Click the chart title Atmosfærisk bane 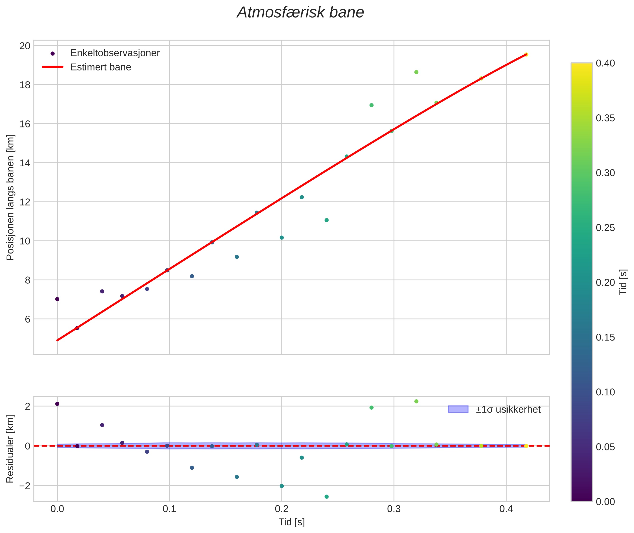[300, 13]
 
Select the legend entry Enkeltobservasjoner [115, 53]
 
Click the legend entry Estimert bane [101, 67]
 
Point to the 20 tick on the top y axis [25, 46]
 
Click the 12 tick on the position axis [25, 202]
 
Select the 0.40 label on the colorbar [605, 63]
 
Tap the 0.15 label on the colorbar [605, 337]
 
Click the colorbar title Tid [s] [623, 282]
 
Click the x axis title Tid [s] [292, 522]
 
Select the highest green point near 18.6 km [416, 72]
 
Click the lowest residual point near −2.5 [327, 497]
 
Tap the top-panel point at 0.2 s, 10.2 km [282, 238]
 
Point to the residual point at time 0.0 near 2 [57, 404]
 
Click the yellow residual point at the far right [526, 446]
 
